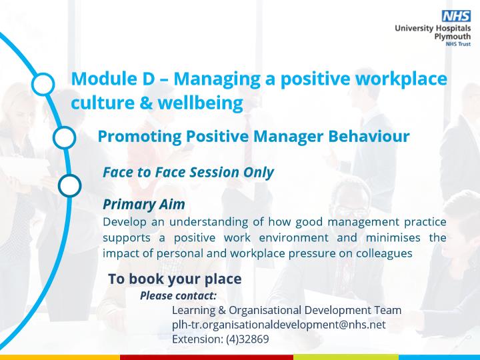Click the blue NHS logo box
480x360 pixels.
(456, 16)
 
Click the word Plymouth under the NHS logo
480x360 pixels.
(453, 37)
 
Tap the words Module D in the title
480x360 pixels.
(113, 79)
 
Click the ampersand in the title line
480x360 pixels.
(146, 103)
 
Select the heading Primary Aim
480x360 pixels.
(144, 205)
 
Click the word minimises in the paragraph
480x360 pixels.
(393, 237)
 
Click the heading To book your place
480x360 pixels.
(175, 279)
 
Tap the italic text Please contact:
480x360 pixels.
(178, 296)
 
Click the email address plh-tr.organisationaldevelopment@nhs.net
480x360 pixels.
(279, 325)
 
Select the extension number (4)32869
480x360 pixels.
(247, 339)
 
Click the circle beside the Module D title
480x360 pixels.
(43, 84)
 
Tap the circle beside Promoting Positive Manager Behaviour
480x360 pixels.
(64, 137)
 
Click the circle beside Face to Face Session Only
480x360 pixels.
(70, 185)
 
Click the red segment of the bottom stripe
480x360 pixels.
(207, 357)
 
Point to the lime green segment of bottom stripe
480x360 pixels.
(346, 357)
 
